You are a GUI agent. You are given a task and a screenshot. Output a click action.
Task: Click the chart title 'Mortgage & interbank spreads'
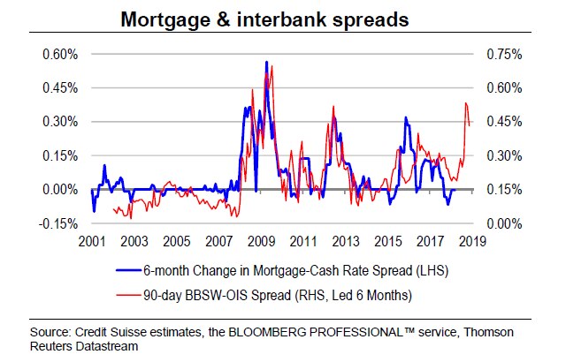[x=282, y=19]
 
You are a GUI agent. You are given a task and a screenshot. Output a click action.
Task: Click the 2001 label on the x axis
[x=91, y=240]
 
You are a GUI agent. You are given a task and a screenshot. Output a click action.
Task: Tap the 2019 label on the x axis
[x=470, y=240]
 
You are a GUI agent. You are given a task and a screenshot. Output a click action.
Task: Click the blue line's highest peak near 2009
[x=266, y=63]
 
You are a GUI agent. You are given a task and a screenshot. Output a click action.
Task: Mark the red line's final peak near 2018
[x=465, y=104]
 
